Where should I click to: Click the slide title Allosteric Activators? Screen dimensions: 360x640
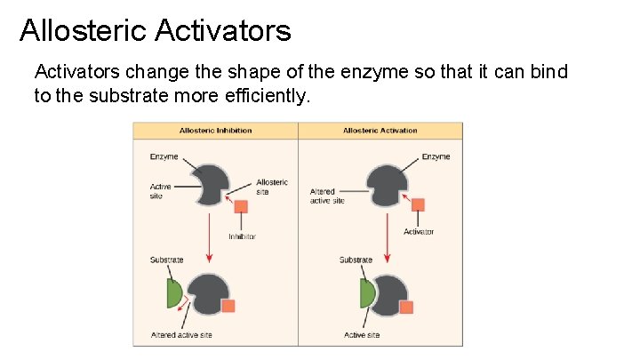(155, 31)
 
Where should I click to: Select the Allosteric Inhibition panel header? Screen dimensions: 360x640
(215, 131)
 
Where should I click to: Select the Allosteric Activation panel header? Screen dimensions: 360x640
(380, 131)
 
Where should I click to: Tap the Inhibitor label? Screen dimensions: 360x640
(242, 236)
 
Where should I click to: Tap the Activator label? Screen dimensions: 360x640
(419, 232)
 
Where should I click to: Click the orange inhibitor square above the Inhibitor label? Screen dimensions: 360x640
(241, 207)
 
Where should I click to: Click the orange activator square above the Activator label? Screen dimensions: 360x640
(418, 204)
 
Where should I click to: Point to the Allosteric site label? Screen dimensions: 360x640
(271, 187)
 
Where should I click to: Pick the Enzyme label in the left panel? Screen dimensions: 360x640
(164, 156)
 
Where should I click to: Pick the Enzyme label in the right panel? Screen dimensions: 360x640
(436, 156)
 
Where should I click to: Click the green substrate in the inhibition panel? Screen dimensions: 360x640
(174, 292)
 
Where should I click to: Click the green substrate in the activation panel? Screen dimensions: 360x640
(367, 292)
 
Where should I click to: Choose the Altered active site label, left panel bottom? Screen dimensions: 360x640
(180, 335)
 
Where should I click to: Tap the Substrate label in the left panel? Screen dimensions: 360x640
(166, 260)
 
